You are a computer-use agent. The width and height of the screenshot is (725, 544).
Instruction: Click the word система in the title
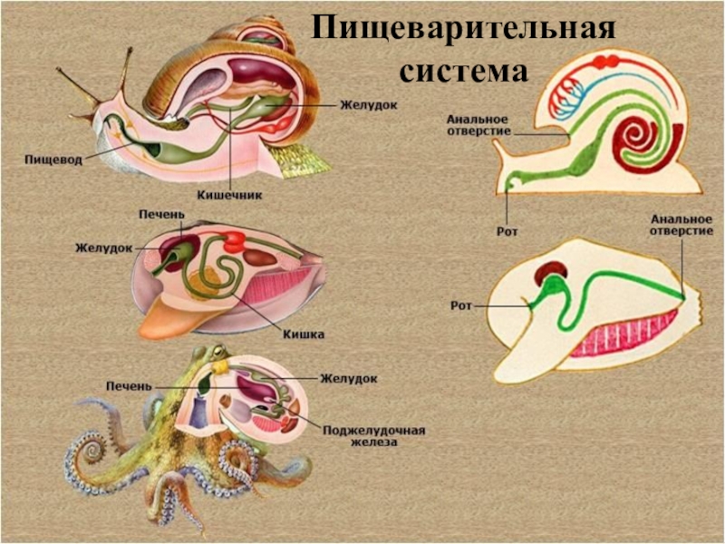pos(463,68)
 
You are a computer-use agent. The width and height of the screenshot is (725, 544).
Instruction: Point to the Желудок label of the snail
pos(369,104)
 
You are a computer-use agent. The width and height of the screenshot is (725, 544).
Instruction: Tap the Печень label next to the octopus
pos(127,386)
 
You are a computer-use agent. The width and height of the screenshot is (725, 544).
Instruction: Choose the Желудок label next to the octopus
pos(348,377)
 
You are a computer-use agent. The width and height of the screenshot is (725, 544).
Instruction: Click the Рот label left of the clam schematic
pos(461,306)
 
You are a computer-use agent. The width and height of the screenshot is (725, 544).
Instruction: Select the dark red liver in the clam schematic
pos(549,271)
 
